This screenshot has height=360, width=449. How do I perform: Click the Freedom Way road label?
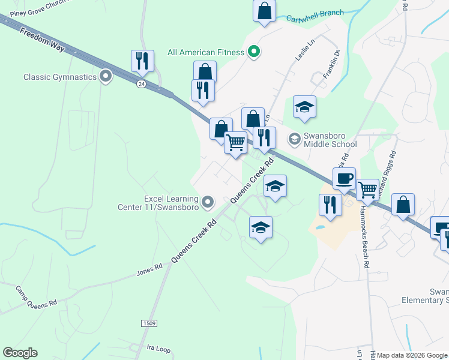pos(41,40)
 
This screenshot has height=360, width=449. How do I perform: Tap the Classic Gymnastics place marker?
pos(106,76)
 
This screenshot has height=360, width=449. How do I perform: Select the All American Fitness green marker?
pos(253,52)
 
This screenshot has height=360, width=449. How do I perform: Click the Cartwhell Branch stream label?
pos(315,14)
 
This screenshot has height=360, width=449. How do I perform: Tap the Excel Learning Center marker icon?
pos(208,202)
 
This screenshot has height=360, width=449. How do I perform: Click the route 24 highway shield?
pos(140,84)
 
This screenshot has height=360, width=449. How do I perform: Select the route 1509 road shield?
pos(150,323)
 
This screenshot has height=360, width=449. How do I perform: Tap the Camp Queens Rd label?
pos(35,296)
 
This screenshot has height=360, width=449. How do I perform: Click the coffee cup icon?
pos(344,178)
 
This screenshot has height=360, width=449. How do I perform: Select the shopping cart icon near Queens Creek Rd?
pos(236,143)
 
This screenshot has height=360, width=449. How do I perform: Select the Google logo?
pos(20,353)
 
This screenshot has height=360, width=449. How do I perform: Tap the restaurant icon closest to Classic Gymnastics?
pos(142,61)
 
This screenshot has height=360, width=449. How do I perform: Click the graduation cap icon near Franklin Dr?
pos(304,107)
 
